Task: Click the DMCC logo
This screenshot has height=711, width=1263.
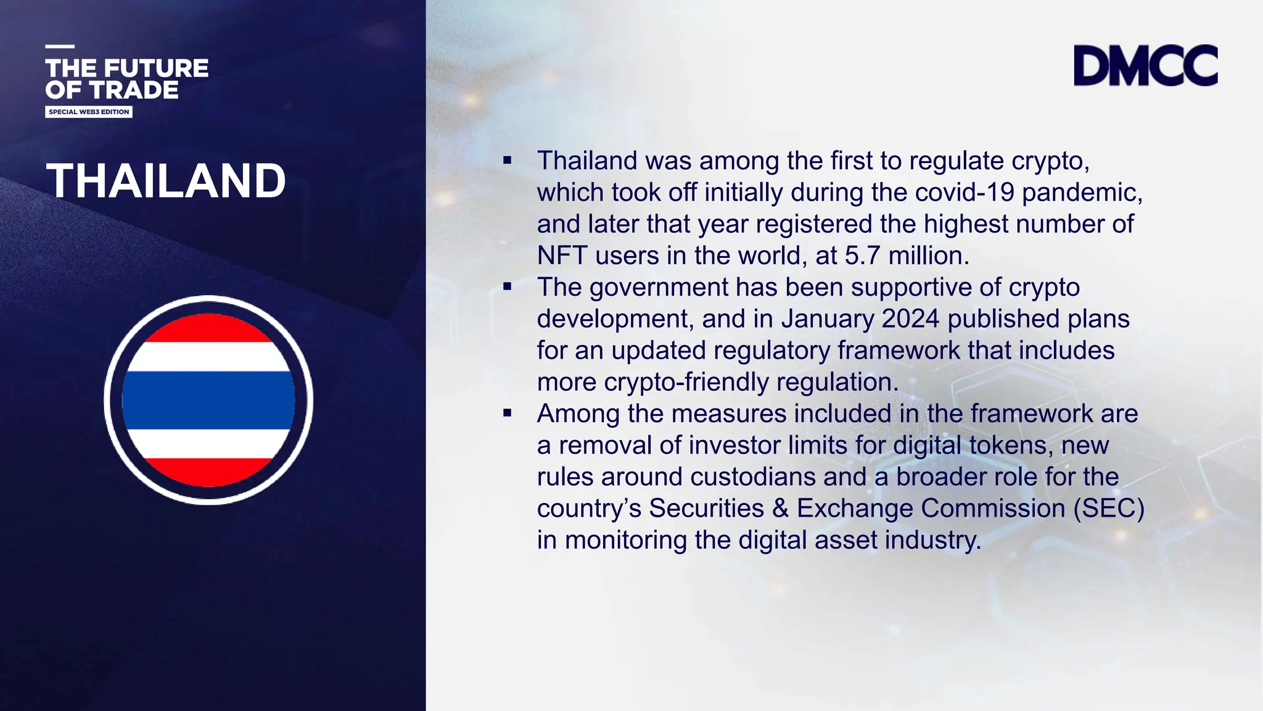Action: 1145,65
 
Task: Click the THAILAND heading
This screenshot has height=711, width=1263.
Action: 166,181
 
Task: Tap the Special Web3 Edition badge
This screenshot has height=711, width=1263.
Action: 89,112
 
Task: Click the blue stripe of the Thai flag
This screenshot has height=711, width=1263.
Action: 208,400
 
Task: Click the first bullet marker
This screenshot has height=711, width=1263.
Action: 508,161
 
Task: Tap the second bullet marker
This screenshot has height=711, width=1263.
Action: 508,287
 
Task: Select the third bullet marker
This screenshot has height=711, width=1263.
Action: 508,414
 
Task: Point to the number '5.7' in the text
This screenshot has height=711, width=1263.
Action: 862,256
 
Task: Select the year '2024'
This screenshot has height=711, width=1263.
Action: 910,319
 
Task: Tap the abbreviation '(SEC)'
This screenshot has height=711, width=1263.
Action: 1108,509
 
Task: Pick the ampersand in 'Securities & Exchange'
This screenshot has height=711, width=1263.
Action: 780,509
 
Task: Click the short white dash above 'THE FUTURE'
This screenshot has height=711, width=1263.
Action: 60,46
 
